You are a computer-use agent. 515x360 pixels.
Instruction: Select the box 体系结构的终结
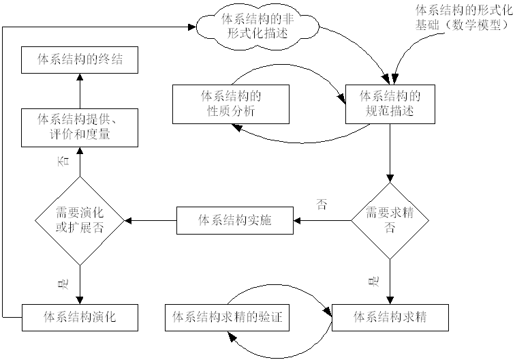80,61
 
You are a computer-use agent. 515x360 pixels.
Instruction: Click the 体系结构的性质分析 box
232,103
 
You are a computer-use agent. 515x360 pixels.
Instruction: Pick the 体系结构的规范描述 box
390,103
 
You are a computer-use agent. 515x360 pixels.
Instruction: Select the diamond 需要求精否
390,220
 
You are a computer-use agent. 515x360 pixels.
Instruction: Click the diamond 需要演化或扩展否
80,220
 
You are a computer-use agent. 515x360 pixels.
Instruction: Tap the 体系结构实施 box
236,220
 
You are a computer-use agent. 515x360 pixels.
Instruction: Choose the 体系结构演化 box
80,317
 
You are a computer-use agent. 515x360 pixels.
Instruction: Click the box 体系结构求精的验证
227,317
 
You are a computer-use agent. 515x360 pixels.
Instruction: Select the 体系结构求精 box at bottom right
390,317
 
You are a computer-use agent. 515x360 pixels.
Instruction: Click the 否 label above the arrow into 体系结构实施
322,205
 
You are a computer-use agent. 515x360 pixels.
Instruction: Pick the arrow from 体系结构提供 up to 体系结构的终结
80,91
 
